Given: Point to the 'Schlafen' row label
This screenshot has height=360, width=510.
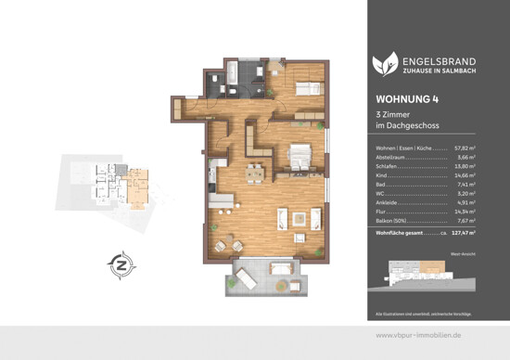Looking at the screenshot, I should click(388, 166).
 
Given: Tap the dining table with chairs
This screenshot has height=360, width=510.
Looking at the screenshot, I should click(253, 174).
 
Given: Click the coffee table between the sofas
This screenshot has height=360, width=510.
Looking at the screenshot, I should click(300, 218).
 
